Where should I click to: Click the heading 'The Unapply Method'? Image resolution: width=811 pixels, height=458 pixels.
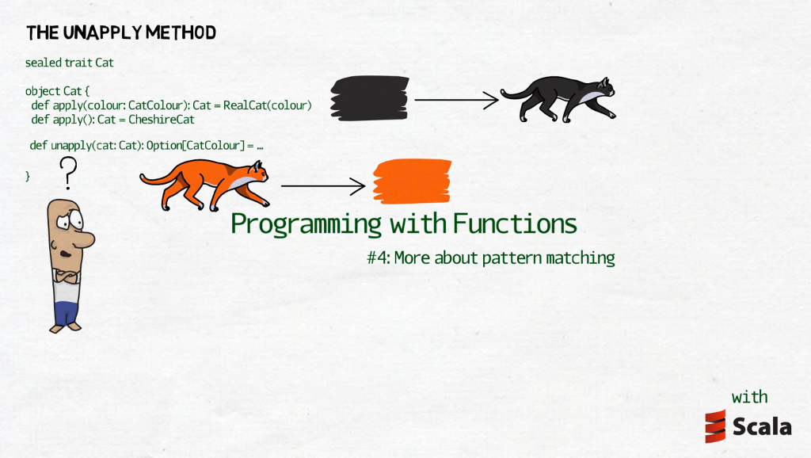click(x=121, y=33)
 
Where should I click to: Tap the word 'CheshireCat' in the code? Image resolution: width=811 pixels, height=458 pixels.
click(x=162, y=120)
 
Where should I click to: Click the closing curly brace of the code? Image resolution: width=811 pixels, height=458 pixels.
click(x=28, y=175)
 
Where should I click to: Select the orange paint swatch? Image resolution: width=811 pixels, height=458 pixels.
click(x=412, y=181)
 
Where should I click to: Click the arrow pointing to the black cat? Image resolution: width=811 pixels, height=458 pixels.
click(x=456, y=100)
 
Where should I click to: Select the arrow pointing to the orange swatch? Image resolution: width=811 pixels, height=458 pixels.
click(x=322, y=186)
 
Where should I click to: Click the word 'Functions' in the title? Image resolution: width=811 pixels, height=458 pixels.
click(x=515, y=224)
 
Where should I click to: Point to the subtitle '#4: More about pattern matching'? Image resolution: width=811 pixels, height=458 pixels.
click(x=491, y=258)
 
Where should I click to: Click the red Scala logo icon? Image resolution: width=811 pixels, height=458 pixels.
click(x=716, y=426)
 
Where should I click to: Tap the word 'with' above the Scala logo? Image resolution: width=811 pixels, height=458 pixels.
click(x=749, y=397)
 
